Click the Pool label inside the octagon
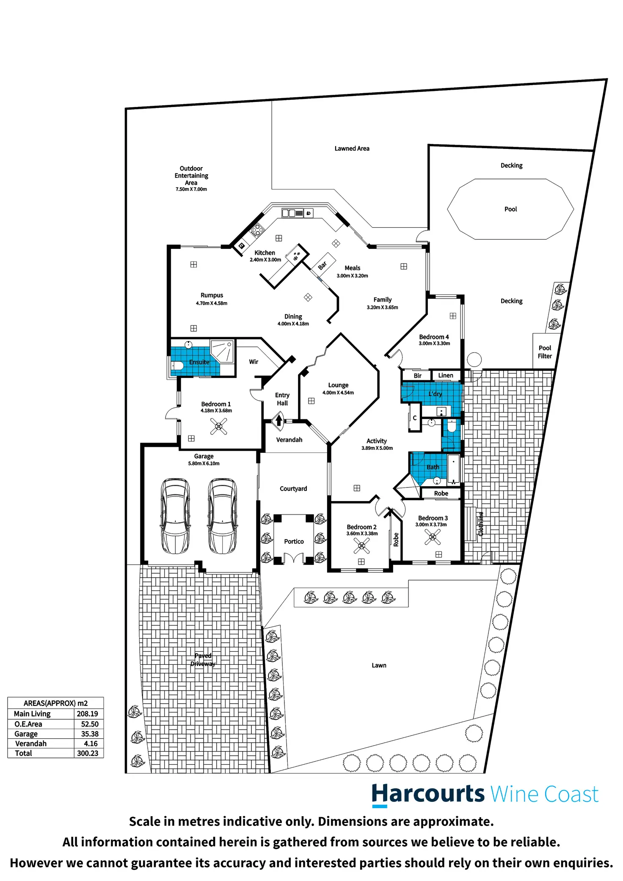point(510,209)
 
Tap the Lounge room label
point(338,385)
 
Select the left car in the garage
point(175,516)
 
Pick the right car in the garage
point(222,516)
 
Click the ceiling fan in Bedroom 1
point(219,426)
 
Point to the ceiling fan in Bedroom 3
point(433,537)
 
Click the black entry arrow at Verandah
point(279,420)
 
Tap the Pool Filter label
point(545,352)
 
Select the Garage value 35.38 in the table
point(90,734)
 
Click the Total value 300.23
point(88,753)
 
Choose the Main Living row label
point(32,714)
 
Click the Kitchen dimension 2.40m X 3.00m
point(265,260)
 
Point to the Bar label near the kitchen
point(323,265)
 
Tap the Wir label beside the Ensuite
point(254,362)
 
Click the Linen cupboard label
point(446,375)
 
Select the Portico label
point(294,542)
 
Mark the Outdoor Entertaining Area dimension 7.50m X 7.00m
point(191,189)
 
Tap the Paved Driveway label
point(203,660)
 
